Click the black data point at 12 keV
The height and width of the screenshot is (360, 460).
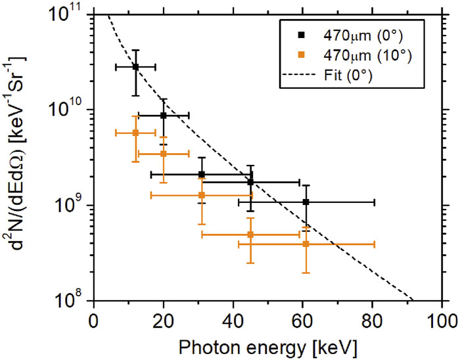135,66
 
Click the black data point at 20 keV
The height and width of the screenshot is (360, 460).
164,115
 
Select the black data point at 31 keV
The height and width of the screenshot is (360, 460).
202,174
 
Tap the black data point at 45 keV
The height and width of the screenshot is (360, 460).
250,182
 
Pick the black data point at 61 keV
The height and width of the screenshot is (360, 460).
306,202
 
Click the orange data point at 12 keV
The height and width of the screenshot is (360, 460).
135,133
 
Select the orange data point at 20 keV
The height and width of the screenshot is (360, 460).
164,154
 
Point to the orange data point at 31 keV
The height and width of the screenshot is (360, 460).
202,195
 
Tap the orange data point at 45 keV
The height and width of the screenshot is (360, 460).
250,235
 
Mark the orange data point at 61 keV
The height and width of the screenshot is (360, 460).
306,244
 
